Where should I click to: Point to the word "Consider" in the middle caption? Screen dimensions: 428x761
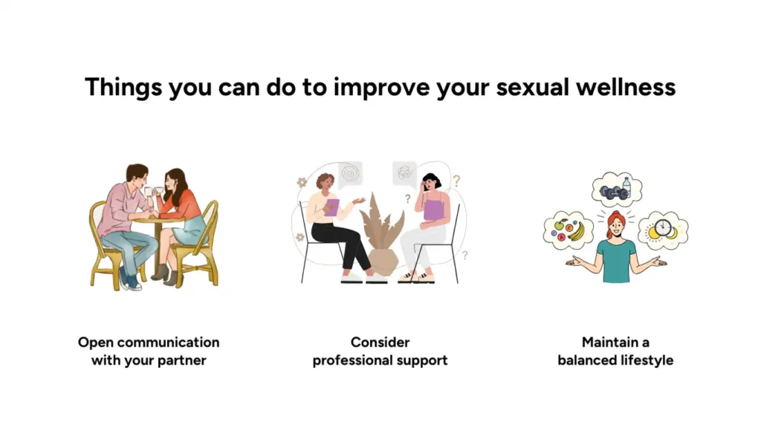(380, 343)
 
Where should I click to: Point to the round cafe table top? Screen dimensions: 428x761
(158, 218)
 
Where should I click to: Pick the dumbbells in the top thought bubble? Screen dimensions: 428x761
(612, 192)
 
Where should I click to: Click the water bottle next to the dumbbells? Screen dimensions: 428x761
(626, 186)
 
